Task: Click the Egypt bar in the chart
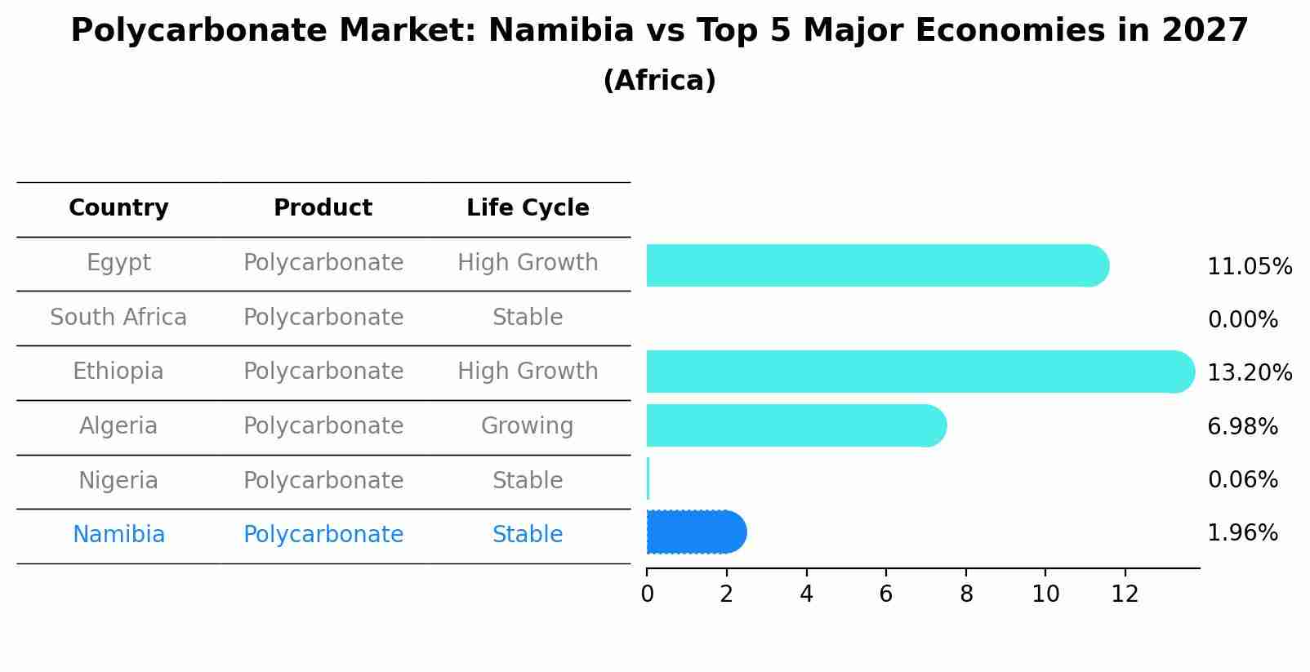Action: pyautogui.click(x=874, y=265)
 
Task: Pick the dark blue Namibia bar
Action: pyautogui.click(x=694, y=532)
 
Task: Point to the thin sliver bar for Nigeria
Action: pyautogui.click(x=648, y=478)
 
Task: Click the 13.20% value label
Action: pyautogui.click(x=1249, y=373)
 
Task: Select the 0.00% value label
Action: pyautogui.click(x=1242, y=320)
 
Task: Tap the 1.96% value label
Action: pyautogui.click(x=1242, y=533)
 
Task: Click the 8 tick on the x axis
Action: pyautogui.click(x=966, y=594)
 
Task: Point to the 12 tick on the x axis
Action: pyautogui.click(x=1125, y=594)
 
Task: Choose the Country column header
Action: pyautogui.click(x=118, y=208)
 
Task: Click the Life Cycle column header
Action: pyautogui.click(x=528, y=208)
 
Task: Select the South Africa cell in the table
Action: pyautogui.click(x=118, y=318)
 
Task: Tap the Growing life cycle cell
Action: pyautogui.click(x=527, y=426)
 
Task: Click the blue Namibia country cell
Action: pyautogui.click(x=118, y=535)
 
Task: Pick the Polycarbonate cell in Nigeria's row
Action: pyautogui.click(x=323, y=481)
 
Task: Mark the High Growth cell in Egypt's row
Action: pyautogui.click(x=528, y=263)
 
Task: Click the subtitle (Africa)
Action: pyautogui.click(x=659, y=81)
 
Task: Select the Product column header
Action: pyautogui.click(x=323, y=208)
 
